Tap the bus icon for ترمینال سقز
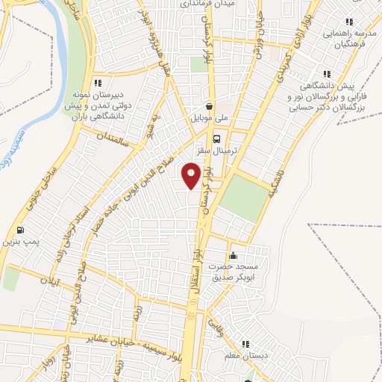[217, 138]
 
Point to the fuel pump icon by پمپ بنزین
[19, 230]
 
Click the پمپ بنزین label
[19, 242]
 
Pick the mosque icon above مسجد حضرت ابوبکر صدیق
[233, 254]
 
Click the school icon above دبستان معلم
[244, 345]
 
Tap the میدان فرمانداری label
[208, 4]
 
